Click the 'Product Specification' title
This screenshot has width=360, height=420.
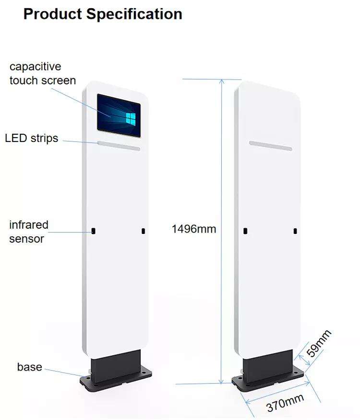103,14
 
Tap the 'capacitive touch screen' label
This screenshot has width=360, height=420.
42,73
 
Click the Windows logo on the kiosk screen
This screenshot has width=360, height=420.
131,118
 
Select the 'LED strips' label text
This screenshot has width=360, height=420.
31,139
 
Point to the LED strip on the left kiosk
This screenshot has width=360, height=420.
119,145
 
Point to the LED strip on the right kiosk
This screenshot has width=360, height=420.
271,145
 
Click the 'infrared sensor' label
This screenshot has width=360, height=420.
29,232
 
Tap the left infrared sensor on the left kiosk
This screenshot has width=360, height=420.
94,231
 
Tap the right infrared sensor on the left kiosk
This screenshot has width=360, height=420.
143,232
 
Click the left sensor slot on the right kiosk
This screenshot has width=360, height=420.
245,231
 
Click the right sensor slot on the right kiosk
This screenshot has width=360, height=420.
295,232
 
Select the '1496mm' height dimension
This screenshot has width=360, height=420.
194,229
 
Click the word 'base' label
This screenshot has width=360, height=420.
29,367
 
